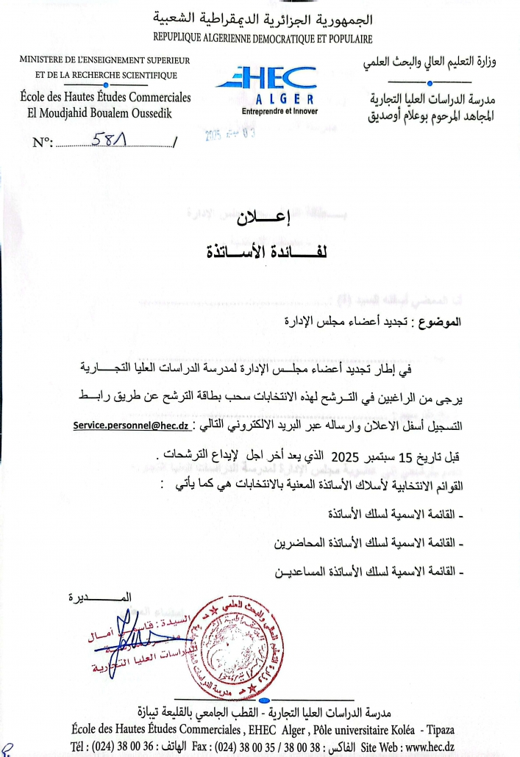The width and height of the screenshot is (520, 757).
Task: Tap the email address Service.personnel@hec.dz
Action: (x=132, y=426)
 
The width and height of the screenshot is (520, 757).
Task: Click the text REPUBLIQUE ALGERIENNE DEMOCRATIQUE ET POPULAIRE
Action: (x=263, y=38)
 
